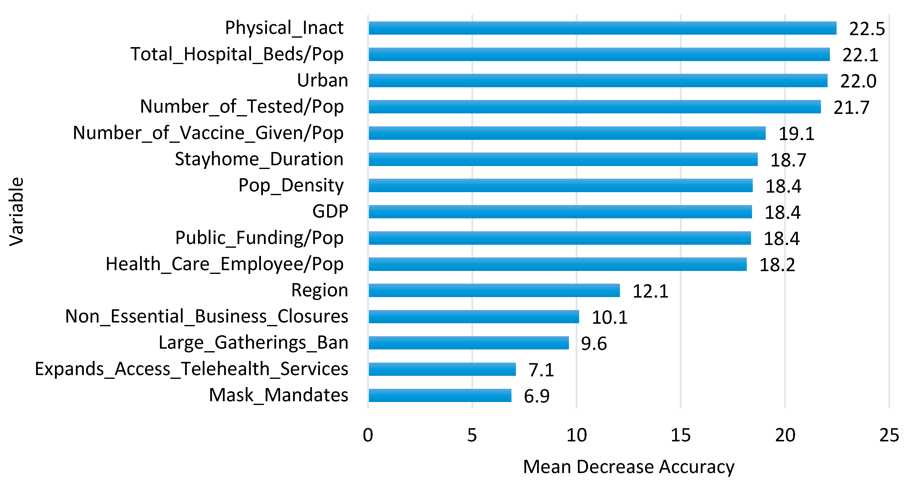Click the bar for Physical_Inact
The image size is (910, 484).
click(x=602, y=28)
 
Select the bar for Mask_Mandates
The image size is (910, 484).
click(x=440, y=395)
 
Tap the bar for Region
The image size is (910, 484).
click(x=494, y=290)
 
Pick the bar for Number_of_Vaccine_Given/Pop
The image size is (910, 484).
click(x=567, y=133)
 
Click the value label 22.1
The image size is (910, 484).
click(x=860, y=55)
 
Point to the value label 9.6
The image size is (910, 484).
click(x=594, y=343)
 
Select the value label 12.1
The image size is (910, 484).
click(x=650, y=291)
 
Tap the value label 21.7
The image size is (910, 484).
click(x=851, y=108)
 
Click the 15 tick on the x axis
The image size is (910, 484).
click(x=680, y=435)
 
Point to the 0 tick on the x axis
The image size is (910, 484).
click(x=368, y=435)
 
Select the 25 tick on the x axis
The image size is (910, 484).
click(x=889, y=435)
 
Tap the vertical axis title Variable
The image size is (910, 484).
click(x=16, y=212)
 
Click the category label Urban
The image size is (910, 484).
click(x=322, y=80)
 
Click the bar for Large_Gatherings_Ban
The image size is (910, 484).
click(x=468, y=343)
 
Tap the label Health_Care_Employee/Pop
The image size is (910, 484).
click(x=224, y=264)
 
